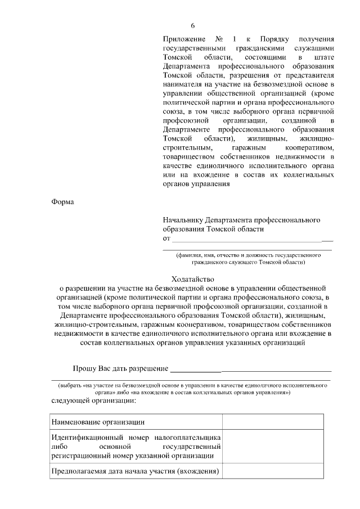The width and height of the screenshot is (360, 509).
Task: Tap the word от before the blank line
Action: point(166,238)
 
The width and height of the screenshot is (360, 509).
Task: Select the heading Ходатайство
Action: point(193,278)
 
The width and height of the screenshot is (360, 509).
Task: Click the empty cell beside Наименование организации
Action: point(273,421)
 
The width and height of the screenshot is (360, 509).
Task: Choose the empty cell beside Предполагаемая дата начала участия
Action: point(273,471)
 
